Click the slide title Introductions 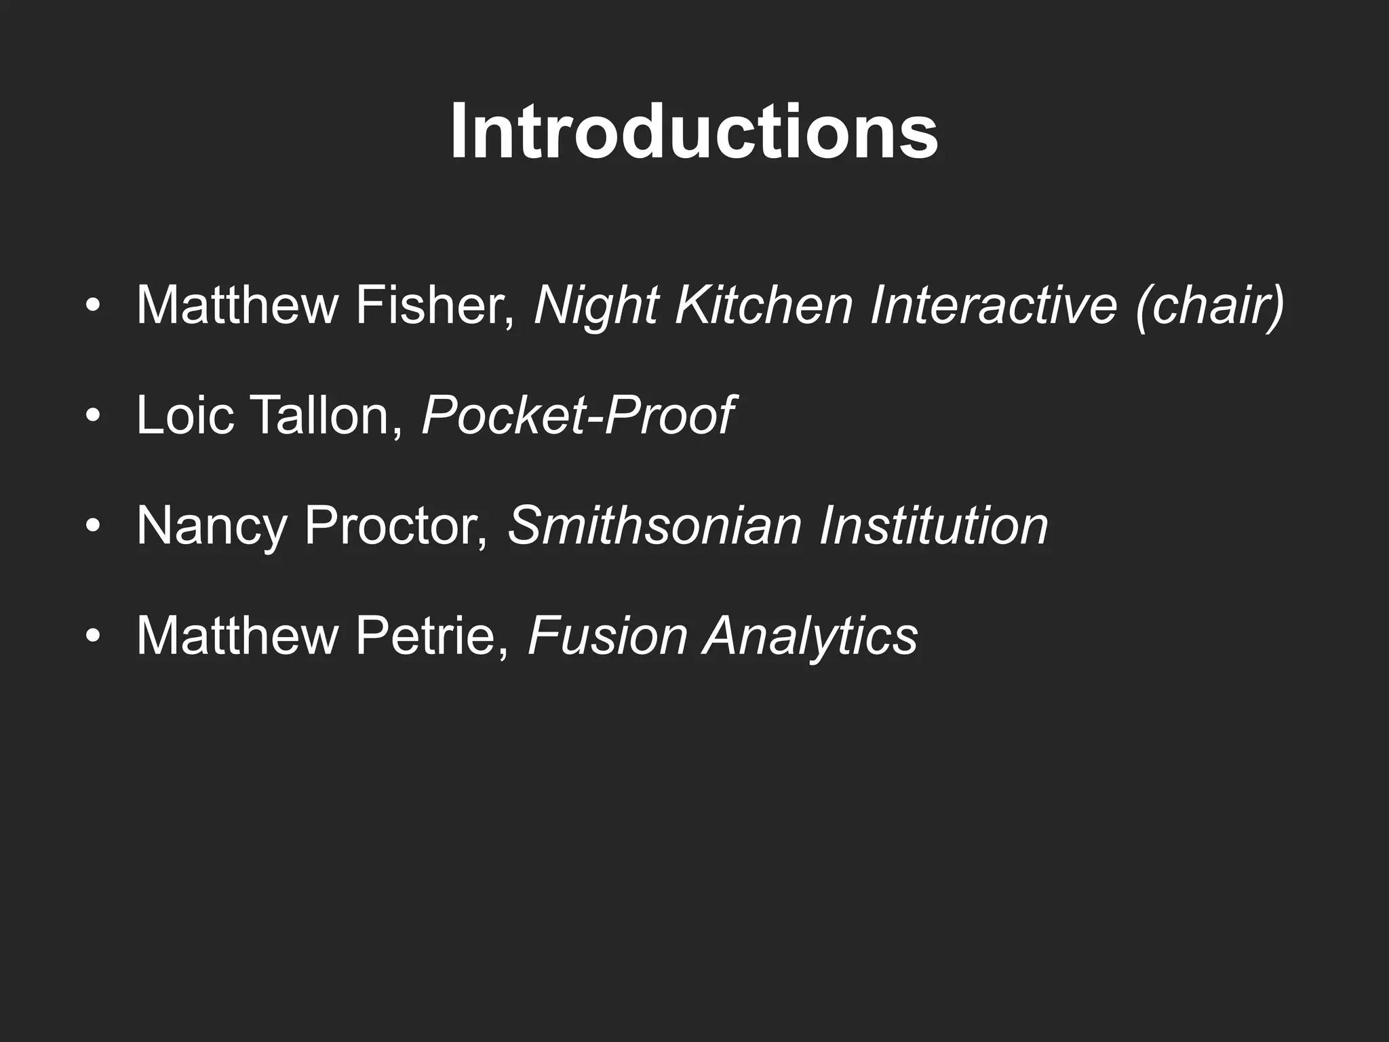point(694,131)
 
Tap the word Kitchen point(764,305)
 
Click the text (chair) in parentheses point(1209,307)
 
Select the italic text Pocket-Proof point(577,415)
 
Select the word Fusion point(607,636)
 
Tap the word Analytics point(810,637)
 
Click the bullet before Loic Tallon point(94,415)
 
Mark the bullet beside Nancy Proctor point(94,526)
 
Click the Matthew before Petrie point(237,636)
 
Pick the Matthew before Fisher point(237,305)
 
